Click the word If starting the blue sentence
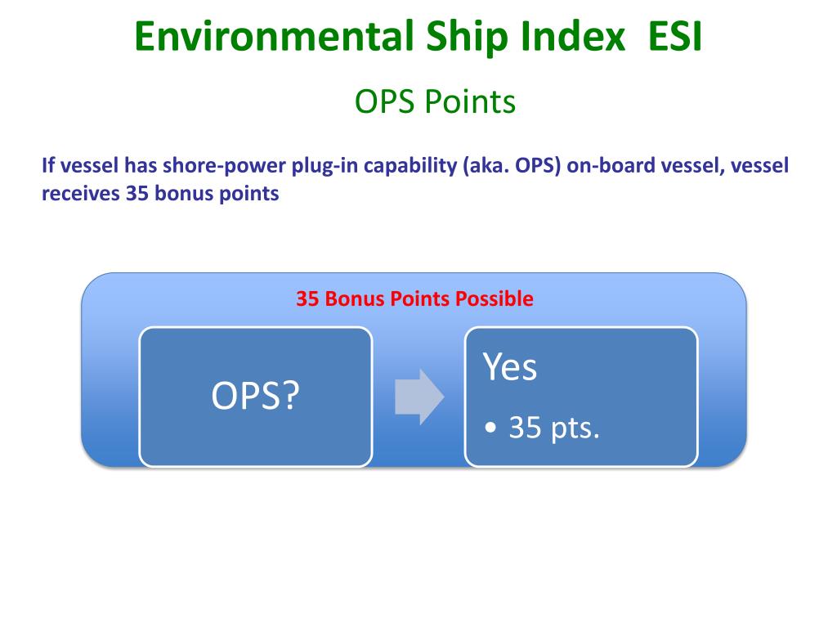tap(47, 167)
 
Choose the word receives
tap(80, 195)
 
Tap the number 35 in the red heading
tap(307, 299)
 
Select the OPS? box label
tap(256, 397)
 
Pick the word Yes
tap(509, 367)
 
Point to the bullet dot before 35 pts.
tap(490, 428)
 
